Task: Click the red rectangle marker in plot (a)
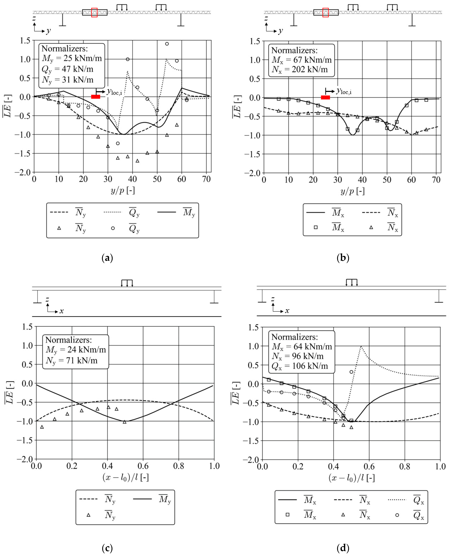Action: pos(96,97)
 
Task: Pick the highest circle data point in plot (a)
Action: pos(167,44)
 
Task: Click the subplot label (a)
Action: pos(107,258)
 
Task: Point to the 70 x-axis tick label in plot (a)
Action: pos(206,179)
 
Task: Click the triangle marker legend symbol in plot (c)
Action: pos(88,515)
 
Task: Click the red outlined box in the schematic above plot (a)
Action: pos(94,12)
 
